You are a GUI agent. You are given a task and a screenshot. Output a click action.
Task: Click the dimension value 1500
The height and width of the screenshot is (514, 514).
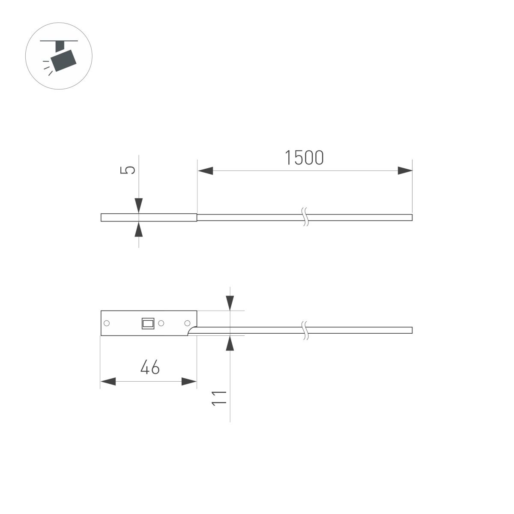tap(305, 158)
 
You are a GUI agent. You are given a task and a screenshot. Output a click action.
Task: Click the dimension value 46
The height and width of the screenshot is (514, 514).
tap(150, 368)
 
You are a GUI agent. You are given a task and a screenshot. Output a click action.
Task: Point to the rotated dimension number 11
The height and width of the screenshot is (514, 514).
tap(220, 398)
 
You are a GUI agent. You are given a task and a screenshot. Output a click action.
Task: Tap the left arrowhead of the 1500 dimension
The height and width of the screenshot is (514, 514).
tap(205, 171)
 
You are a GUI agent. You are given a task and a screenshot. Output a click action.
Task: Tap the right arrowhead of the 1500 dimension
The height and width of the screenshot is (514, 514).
tap(404, 171)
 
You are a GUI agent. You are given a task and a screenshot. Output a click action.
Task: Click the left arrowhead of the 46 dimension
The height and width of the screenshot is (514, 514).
tap(108, 382)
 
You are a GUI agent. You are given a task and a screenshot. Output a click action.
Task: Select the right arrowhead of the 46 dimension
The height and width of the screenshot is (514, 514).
tap(189, 382)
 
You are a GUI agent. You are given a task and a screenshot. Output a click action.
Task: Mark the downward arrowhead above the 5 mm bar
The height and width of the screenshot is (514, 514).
tap(139, 205)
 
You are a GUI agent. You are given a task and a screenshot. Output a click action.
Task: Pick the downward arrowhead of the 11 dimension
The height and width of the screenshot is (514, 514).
tap(230, 303)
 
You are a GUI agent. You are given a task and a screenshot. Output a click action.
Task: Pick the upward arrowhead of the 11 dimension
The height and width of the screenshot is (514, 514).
tap(230, 344)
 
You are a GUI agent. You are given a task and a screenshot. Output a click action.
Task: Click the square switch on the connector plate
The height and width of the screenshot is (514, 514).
tap(148, 323)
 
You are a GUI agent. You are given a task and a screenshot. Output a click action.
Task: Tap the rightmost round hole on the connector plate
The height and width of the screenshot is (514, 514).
tap(187, 323)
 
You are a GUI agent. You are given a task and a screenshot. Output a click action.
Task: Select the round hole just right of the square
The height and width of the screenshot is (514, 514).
tap(161, 323)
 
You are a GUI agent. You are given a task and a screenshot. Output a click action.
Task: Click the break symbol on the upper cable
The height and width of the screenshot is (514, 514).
tap(305, 217)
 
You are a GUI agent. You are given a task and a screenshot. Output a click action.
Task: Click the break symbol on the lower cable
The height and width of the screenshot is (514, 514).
tap(305, 330)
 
